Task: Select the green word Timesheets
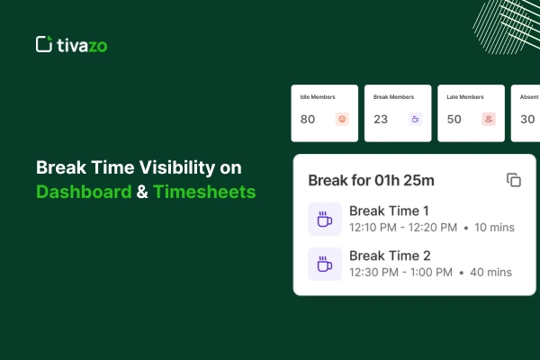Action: coord(203,192)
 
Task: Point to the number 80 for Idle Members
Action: coord(308,119)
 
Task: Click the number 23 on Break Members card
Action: coord(381,119)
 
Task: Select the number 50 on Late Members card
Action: coord(454,119)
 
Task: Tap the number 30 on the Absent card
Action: coord(526,119)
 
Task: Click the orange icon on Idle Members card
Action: coord(342,119)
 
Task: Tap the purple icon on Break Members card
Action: coord(415,119)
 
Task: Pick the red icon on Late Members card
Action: coord(489,119)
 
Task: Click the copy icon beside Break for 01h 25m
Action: coord(514,180)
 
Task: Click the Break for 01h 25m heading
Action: coord(371,180)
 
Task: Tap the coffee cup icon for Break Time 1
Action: coord(324,219)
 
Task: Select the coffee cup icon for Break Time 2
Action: coord(324,264)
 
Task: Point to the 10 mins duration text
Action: coord(494,227)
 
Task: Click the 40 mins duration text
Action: coord(492,272)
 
